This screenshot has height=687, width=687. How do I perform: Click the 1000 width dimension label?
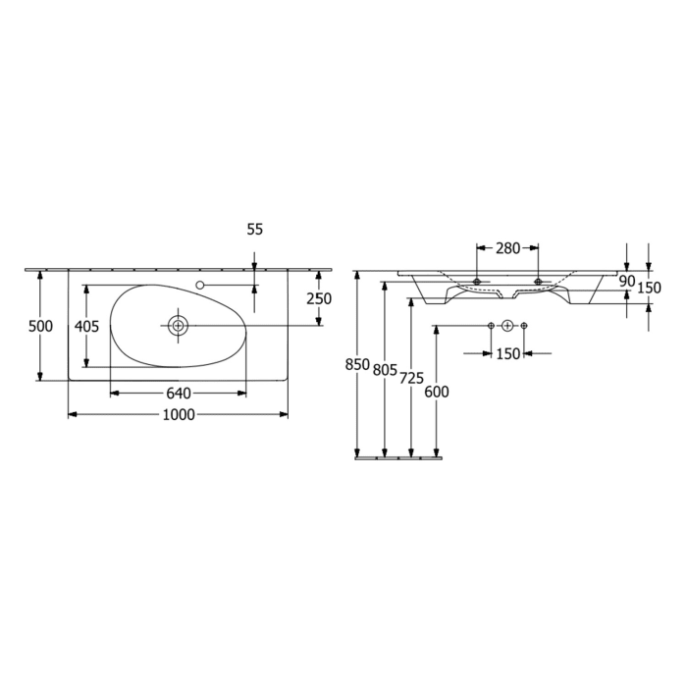[x=177, y=415]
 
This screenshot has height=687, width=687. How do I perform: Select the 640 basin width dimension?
[x=178, y=394]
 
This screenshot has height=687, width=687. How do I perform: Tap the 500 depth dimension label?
[x=39, y=326]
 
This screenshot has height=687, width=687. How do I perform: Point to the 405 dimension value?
[x=86, y=326]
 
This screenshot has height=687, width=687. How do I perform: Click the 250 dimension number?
[x=318, y=299]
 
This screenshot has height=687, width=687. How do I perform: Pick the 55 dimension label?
[x=254, y=229]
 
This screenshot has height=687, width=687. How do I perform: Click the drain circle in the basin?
[x=178, y=326]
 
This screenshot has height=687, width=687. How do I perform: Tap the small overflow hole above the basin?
[x=200, y=285]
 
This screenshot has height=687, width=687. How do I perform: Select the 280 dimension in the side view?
[x=507, y=248]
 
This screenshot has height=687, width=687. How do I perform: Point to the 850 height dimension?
[x=357, y=365]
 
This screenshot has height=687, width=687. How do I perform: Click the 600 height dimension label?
[x=436, y=392]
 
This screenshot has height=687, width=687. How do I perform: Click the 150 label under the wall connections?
[x=507, y=353]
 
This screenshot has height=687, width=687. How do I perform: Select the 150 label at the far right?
[x=649, y=288]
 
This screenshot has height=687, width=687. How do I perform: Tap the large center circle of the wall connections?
[x=507, y=326]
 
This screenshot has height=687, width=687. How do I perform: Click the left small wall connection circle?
[x=491, y=326]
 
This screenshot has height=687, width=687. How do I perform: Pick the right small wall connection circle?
[x=524, y=326]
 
